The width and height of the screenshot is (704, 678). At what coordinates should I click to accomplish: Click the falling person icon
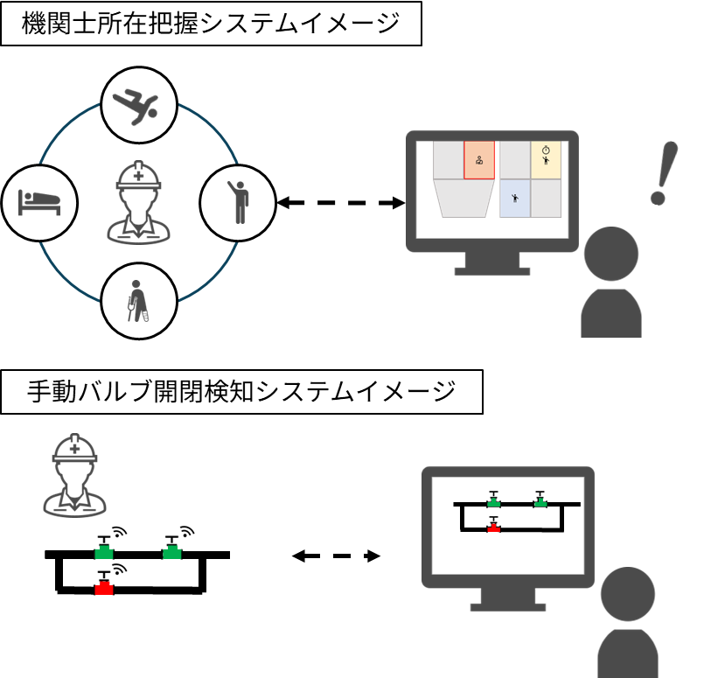pyautogui.click(x=139, y=105)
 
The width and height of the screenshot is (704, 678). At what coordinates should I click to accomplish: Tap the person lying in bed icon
pyautogui.click(x=39, y=203)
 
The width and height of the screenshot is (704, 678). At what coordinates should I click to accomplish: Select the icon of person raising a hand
pyautogui.click(x=238, y=203)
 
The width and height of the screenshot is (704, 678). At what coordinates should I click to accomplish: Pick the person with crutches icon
pyautogui.click(x=138, y=301)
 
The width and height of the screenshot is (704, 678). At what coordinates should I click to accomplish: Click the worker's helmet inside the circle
pyautogui.click(x=139, y=175)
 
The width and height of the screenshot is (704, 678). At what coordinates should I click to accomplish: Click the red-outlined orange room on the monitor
pyautogui.click(x=479, y=160)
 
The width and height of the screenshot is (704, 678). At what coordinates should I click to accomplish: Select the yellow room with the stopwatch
pyautogui.click(x=546, y=160)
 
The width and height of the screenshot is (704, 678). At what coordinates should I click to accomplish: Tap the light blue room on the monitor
pyautogui.click(x=515, y=199)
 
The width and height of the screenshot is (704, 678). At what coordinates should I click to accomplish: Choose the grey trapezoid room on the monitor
pyautogui.click(x=464, y=198)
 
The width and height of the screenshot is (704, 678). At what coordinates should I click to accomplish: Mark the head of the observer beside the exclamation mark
pyautogui.click(x=611, y=255)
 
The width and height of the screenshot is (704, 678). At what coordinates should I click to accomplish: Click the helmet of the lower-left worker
pyautogui.click(x=75, y=448)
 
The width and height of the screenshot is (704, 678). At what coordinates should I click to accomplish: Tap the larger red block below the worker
pyautogui.click(x=104, y=589)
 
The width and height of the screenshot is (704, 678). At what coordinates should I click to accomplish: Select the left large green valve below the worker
pyautogui.click(x=104, y=548)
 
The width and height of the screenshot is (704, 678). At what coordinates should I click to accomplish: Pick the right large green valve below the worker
pyautogui.click(x=171, y=548)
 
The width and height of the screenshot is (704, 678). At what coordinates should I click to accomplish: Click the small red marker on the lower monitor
pyautogui.click(x=494, y=528)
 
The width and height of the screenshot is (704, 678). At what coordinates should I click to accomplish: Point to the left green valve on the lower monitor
pyautogui.click(x=494, y=500)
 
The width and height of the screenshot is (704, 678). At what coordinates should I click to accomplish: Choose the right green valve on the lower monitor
pyautogui.click(x=540, y=500)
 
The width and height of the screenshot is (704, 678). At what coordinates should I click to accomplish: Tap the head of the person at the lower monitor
pyautogui.click(x=628, y=594)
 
